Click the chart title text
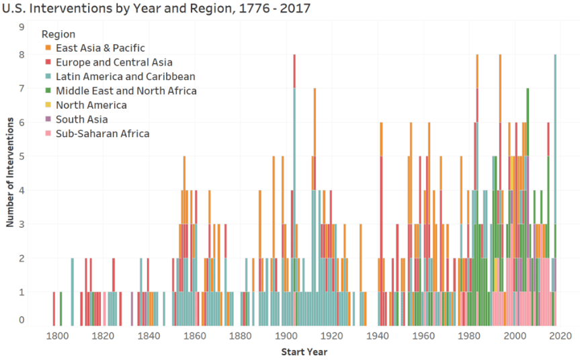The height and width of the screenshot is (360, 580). pyautogui.click(x=156, y=9)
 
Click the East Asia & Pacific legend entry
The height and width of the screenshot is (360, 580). pyautogui.click(x=100, y=48)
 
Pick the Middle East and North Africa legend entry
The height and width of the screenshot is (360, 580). pyautogui.click(x=126, y=91)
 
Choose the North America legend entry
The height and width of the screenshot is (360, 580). pyautogui.click(x=91, y=105)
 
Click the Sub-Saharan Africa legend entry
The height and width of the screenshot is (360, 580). pyautogui.click(x=103, y=134)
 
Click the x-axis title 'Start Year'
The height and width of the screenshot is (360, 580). pyautogui.click(x=304, y=351)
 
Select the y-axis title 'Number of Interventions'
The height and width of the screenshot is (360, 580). pyautogui.click(x=11, y=171)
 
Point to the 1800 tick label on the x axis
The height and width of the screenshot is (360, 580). pyautogui.click(x=56, y=336)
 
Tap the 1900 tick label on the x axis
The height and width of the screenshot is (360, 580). pyautogui.click(x=286, y=336)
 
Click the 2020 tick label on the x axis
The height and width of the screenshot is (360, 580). pyautogui.click(x=561, y=336)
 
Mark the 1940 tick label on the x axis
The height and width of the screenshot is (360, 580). pyautogui.click(x=378, y=336)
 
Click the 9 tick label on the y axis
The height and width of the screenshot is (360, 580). pyautogui.click(x=22, y=27)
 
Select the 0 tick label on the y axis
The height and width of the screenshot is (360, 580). pyautogui.click(x=22, y=320)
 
